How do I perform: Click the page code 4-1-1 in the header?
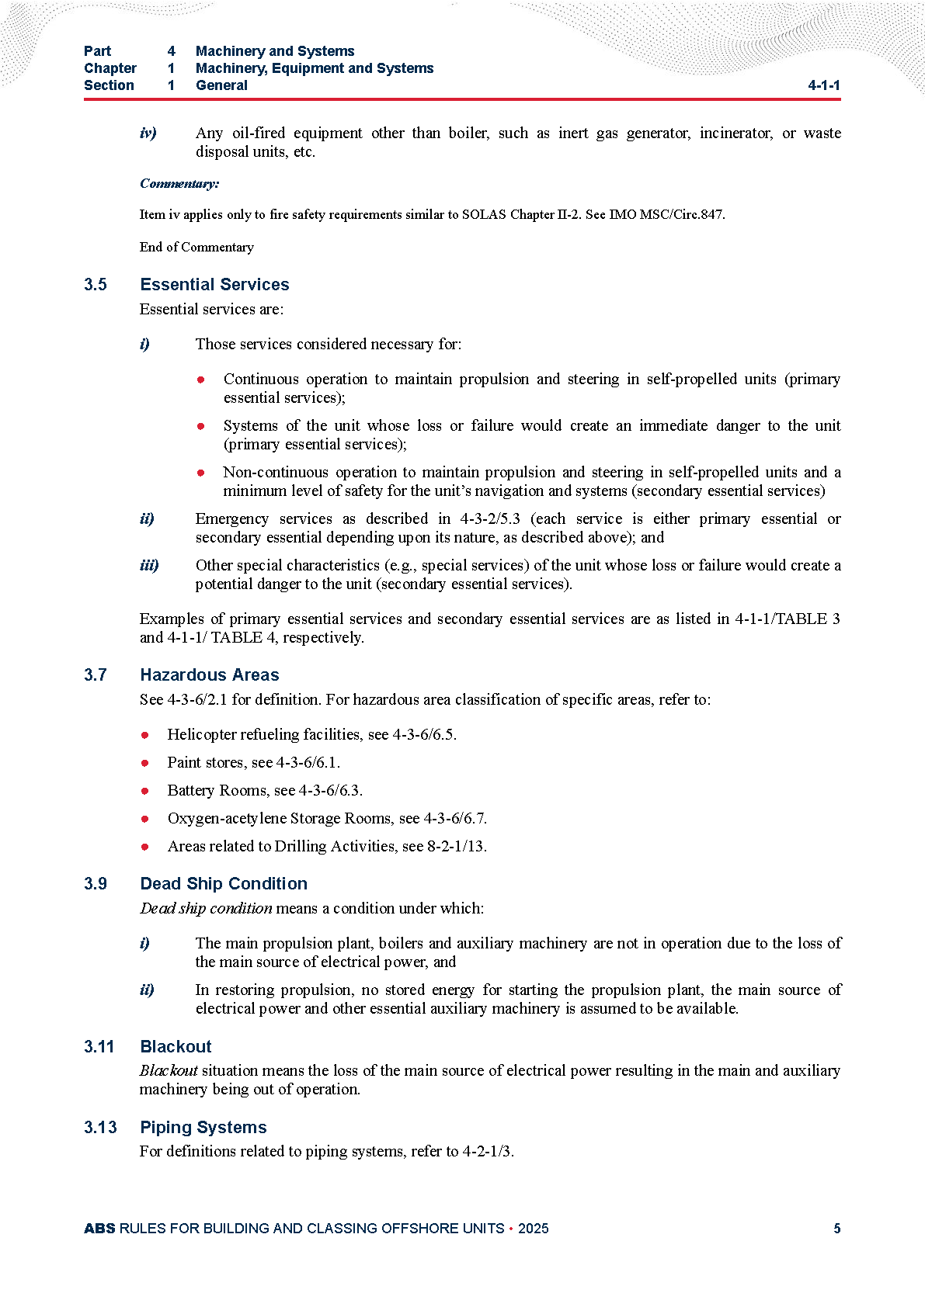823,85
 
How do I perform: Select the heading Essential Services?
214,284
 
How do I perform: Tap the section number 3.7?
96,674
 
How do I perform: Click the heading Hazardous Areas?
210,674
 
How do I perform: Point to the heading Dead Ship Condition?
224,883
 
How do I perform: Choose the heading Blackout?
176,1046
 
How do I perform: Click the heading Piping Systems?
203,1127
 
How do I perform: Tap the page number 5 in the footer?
836,1228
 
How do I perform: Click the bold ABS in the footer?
99,1228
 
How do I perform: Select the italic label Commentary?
179,184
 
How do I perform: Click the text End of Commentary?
196,247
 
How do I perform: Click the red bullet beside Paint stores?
145,763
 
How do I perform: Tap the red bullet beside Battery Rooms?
145,791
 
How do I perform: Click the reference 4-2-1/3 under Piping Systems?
487,1151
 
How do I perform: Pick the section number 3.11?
99,1046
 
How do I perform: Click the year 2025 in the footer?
533,1228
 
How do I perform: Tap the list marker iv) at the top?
148,133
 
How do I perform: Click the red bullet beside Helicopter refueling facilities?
145,735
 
